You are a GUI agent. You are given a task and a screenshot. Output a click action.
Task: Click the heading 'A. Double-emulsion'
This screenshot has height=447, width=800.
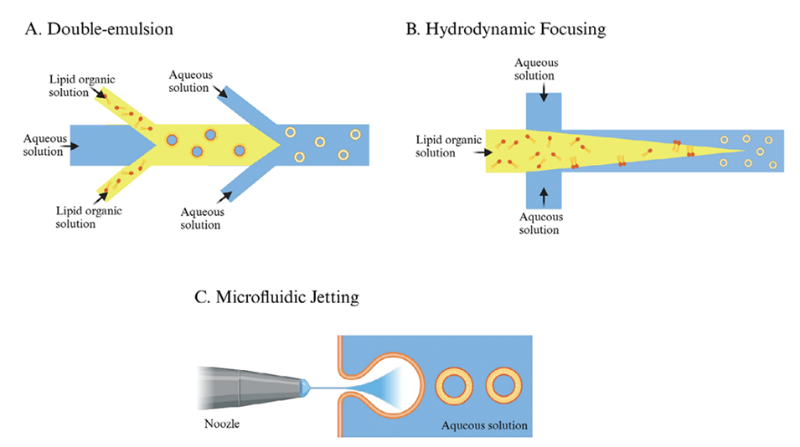99,29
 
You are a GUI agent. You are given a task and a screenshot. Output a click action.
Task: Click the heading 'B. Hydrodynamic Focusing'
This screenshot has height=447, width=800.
505,29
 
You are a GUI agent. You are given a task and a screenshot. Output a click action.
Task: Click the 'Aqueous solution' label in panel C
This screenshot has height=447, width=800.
485,425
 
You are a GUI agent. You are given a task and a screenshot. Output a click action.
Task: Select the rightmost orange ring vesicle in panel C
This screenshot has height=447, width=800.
505,386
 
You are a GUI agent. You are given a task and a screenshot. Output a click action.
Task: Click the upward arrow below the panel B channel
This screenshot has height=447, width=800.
545,195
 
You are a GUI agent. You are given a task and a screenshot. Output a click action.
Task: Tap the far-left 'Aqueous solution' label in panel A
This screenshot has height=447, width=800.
44,145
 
